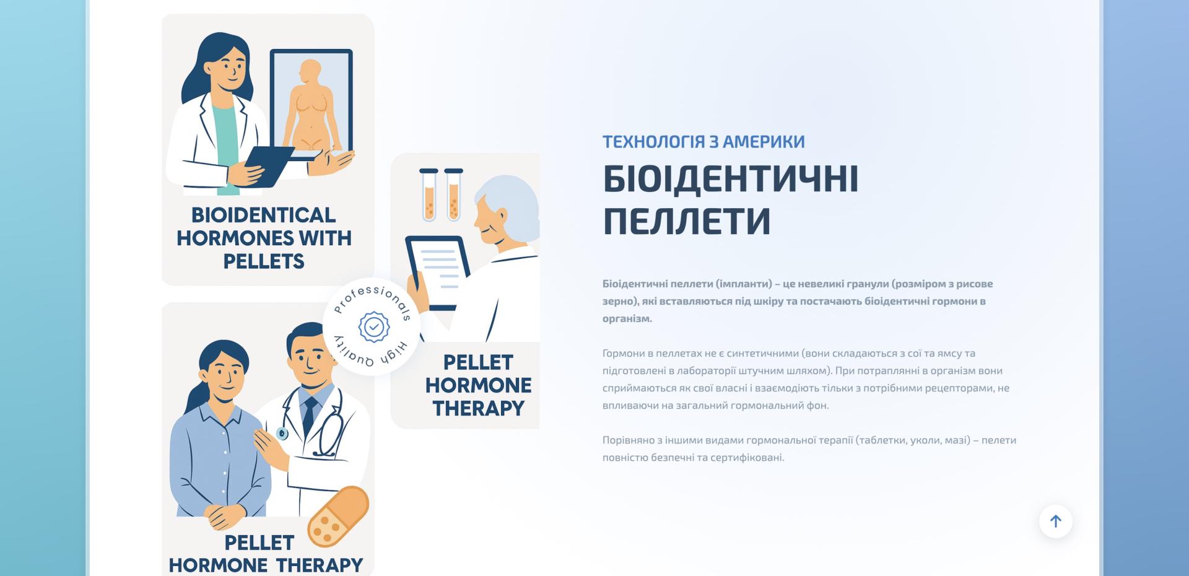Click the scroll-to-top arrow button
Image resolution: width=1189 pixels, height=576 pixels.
pyautogui.click(x=1055, y=521)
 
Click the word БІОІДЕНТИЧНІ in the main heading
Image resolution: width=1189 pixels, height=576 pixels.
pyautogui.click(x=731, y=178)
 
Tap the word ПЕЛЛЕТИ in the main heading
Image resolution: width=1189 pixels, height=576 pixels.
pyautogui.click(x=687, y=220)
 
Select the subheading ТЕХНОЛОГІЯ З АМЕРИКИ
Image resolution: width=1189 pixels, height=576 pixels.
pyautogui.click(x=703, y=141)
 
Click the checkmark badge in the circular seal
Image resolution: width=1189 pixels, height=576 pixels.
pyautogui.click(x=373, y=326)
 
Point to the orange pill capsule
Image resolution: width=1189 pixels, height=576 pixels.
pyautogui.click(x=339, y=517)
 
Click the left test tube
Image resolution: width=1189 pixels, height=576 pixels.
pyautogui.click(x=429, y=194)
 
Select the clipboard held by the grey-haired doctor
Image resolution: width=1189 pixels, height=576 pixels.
pyautogui.click(x=437, y=273)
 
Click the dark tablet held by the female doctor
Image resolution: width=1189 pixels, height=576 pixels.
pyautogui.click(x=270, y=166)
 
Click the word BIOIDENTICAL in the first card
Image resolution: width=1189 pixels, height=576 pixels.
pyautogui.click(x=263, y=215)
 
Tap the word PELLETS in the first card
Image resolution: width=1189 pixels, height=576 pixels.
pyautogui.click(x=264, y=261)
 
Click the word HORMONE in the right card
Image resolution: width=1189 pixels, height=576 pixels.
pyautogui.click(x=478, y=385)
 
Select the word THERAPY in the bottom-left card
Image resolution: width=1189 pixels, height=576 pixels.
pyautogui.click(x=320, y=565)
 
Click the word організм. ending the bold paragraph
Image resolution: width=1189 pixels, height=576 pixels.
pyautogui.click(x=627, y=319)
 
